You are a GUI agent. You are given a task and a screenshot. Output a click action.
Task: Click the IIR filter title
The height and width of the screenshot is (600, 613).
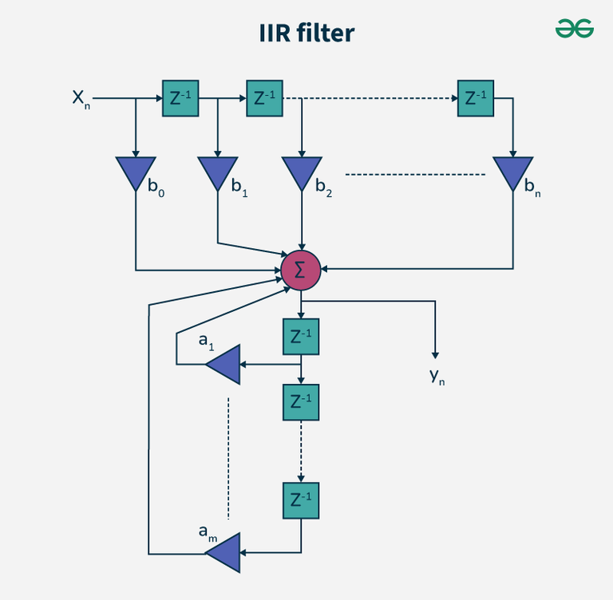(306, 33)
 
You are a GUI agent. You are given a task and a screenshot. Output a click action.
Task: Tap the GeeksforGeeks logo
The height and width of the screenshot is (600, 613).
(575, 29)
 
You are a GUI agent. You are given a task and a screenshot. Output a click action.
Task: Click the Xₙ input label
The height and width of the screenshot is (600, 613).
(81, 99)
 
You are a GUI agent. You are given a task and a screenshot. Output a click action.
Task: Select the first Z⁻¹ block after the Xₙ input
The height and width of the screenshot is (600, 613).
(180, 98)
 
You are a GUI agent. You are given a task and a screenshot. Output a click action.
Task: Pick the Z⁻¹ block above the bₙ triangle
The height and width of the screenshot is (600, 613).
(475, 98)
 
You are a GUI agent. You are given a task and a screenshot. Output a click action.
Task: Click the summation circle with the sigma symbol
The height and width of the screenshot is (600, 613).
(300, 270)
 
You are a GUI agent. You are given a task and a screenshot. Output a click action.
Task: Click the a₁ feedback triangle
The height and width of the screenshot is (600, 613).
(225, 365)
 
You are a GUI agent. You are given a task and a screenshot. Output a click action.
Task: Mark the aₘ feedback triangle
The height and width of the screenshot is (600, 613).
(225, 551)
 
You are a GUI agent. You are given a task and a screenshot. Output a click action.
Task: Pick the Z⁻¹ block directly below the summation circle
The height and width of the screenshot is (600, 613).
(301, 337)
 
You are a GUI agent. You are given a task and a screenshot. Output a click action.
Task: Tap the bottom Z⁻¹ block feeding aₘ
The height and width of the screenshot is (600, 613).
(301, 500)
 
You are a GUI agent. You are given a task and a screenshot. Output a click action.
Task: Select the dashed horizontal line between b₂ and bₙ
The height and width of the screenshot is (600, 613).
(415, 174)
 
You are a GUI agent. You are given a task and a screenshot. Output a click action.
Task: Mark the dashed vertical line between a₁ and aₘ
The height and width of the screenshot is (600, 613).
(228, 455)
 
